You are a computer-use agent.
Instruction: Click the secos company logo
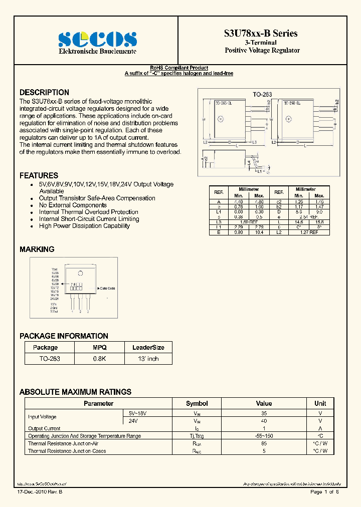point(98,39)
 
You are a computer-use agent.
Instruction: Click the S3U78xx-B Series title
point(261,34)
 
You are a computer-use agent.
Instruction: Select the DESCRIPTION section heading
point(44,93)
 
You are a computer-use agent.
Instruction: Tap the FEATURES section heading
point(39,176)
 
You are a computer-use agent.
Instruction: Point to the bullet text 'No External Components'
point(73,205)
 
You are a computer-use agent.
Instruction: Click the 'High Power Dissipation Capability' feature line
point(84,226)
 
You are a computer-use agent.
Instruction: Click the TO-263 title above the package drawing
point(263,94)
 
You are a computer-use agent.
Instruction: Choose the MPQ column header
point(99,347)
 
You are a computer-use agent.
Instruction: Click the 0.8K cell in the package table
point(99,359)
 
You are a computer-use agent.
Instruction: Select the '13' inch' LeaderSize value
point(148,359)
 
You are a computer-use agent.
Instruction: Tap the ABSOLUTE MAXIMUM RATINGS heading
point(75,392)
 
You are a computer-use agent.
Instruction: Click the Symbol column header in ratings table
point(197,403)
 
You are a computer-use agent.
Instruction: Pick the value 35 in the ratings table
point(264,413)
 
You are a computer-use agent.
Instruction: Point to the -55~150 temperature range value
point(264,436)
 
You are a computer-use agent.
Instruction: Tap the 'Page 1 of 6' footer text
point(324,492)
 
